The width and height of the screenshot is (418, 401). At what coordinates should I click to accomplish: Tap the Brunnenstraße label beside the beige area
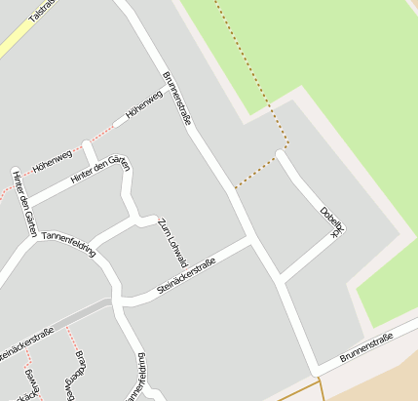coord(365,347)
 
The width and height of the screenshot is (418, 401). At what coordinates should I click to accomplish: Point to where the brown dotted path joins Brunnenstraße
coord(233,188)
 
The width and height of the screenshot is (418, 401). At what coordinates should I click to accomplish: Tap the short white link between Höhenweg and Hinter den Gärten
coord(88,154)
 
